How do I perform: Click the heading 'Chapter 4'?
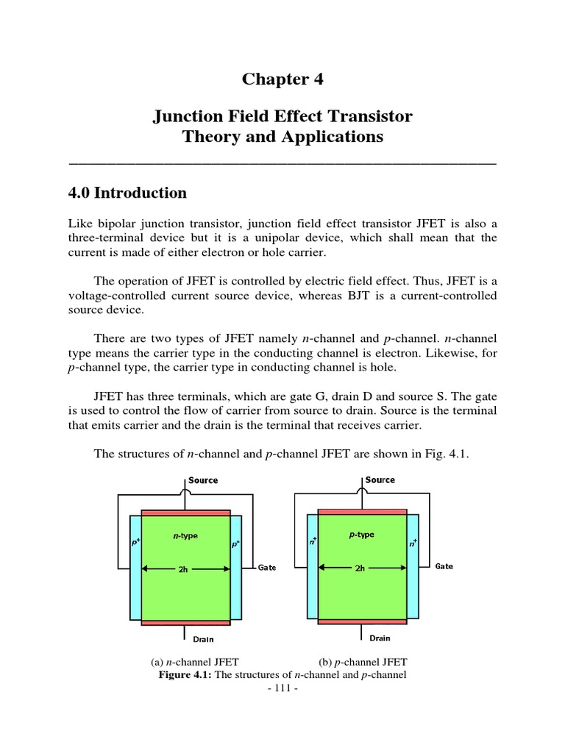point(282,79)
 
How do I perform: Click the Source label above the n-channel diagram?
point(203,480)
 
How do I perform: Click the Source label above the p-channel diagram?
point(380,479)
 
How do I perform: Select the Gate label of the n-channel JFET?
point(267,568)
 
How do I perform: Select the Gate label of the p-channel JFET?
point(444,567)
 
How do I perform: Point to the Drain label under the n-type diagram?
point(203,639)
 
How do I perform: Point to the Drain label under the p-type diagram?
point(380,638)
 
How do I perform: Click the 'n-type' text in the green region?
point(185,536)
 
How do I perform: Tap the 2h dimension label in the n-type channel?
point(184,568)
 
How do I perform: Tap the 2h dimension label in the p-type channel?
point(360,568)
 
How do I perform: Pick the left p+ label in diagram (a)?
point(135,545)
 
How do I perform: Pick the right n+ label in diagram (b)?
point(413,543)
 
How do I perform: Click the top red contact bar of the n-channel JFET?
point(185,513)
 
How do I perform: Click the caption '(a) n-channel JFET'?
point(194,662)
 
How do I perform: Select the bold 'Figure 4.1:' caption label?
point(185,675)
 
